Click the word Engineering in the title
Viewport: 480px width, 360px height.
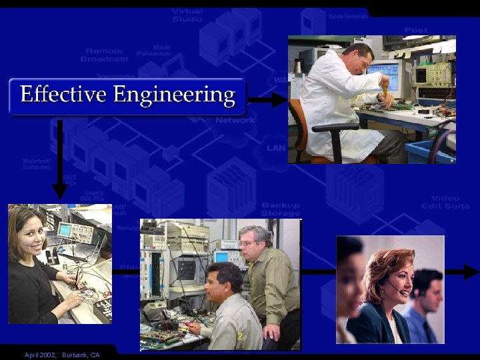[174, 95]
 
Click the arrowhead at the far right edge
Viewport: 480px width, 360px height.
[471, 271]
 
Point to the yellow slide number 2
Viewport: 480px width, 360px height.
[239, 337]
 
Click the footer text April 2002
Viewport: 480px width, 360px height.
[40, 355]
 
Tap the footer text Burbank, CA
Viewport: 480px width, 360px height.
[81, 355]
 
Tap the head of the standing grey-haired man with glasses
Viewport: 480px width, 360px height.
[254, 243]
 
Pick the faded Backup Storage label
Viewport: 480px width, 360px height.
[281, 209]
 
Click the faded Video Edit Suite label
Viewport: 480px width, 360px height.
[445, 202]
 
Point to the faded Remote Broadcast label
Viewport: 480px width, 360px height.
[107, 55]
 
